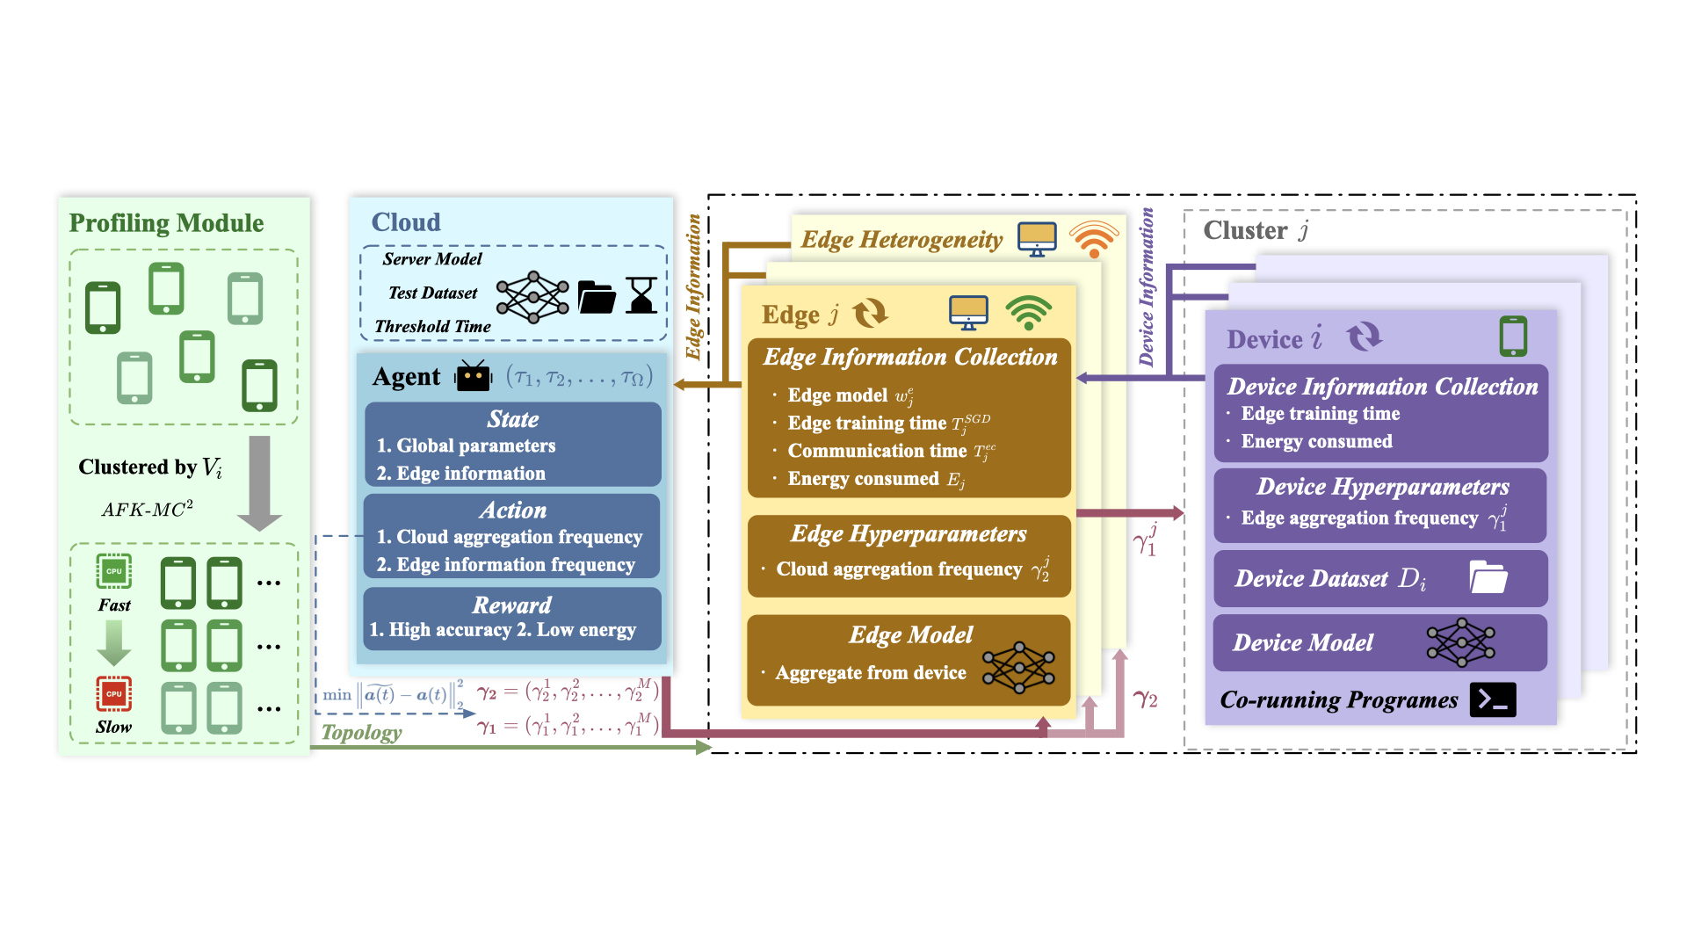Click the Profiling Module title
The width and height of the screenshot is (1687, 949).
coord(166,223)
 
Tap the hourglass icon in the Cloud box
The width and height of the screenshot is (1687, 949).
coord(641,295)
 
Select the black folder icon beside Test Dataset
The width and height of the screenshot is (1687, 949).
coord(597,298)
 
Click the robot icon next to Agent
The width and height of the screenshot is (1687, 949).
coord(473,376)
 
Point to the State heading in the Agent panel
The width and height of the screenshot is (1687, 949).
coord(513,419)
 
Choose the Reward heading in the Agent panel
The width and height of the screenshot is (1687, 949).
coord(512,605)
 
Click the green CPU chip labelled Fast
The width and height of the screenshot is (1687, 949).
coord(114,571)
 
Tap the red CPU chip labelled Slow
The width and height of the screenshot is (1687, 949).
coord(114,693)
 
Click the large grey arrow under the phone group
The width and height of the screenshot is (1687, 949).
coord(259,482)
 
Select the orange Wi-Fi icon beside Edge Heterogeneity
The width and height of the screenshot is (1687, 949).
coord(1094,239)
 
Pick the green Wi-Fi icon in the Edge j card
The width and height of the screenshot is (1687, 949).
coord(1029,313)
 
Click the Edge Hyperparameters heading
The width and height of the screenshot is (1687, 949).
coord(909,534)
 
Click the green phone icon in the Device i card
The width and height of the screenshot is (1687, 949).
coord(1513,337)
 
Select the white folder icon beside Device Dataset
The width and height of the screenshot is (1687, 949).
coord(1488,577)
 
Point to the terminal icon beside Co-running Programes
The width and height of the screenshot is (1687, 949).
coord(1493,699)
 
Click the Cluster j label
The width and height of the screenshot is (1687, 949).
coord(1256,231)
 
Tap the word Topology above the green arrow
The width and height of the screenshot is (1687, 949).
coord(361,732)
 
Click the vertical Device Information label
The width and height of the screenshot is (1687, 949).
coord(1147,287)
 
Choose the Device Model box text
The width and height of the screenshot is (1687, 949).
coord(1303,643)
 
